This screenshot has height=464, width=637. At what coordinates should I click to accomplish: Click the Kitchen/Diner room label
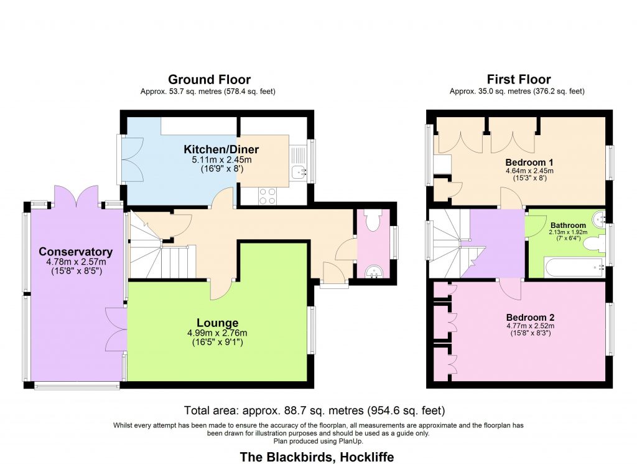coord(221,149)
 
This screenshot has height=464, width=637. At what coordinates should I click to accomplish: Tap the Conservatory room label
coord(75,252)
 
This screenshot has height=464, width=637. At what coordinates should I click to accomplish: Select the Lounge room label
coord(218,323)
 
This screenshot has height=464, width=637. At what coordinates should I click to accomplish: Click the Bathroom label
coord(568,225)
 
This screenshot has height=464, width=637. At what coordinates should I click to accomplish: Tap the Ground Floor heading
coord(209,80)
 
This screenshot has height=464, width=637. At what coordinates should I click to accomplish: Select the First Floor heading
coord(518,80)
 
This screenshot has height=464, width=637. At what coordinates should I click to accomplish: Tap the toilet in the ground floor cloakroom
coord(373,220)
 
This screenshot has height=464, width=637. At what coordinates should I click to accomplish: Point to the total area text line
coord(315,410)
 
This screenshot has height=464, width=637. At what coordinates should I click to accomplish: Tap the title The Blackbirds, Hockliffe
coord(317,457)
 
